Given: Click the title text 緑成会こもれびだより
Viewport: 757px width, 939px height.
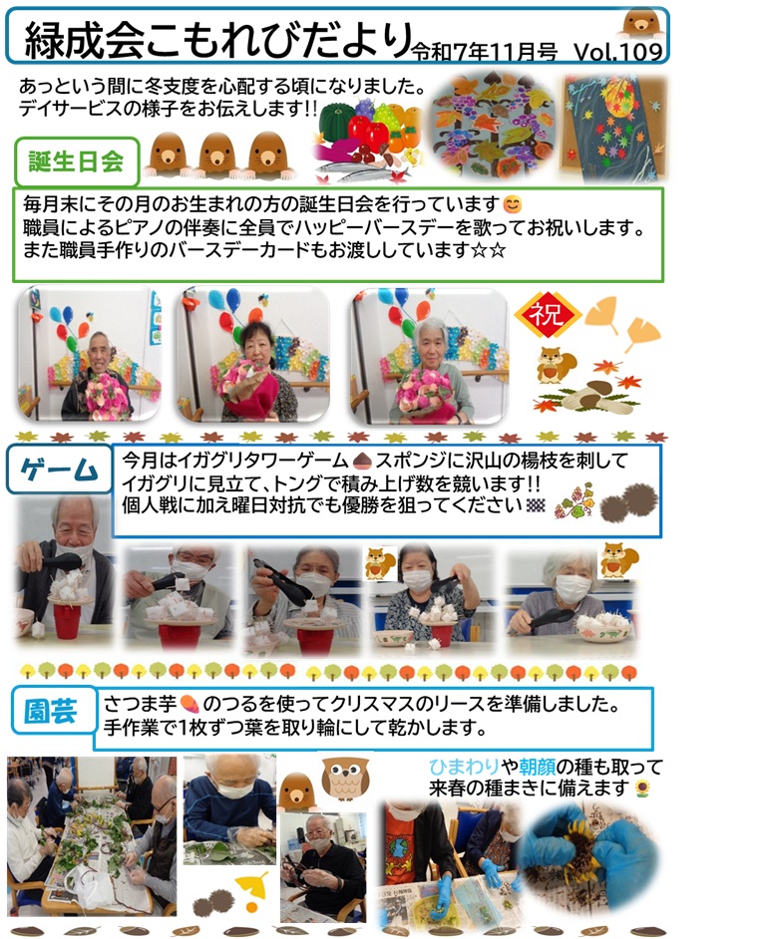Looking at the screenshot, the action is coord(217,41).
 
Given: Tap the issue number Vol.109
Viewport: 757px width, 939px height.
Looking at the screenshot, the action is coord(618,52).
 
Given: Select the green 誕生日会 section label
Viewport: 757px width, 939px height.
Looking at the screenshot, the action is coord(77,161).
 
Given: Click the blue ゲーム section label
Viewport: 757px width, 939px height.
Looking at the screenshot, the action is coord(59,469).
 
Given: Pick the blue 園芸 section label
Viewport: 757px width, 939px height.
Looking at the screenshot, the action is coord(52,711).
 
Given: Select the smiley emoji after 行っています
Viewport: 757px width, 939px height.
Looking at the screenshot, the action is coord(513,204).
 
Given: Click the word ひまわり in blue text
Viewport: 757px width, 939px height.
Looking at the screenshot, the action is coord(465,767).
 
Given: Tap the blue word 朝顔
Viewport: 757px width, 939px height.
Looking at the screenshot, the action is coord(537,767).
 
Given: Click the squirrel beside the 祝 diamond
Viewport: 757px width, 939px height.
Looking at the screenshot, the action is coord(556,365).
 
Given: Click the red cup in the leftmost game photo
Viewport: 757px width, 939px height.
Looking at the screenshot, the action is coord(65,620).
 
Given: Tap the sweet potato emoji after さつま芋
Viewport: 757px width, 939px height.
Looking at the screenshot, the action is coord(189,703).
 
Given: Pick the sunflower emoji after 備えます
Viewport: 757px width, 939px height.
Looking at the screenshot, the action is coord(643,788).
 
